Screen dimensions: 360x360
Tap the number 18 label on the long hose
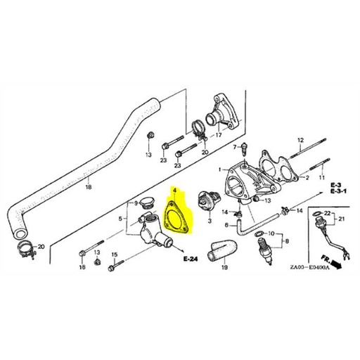(x=88, y=188)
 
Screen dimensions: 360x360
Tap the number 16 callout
(x=83, y=268)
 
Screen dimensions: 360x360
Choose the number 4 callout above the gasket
(x=174, y=190)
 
